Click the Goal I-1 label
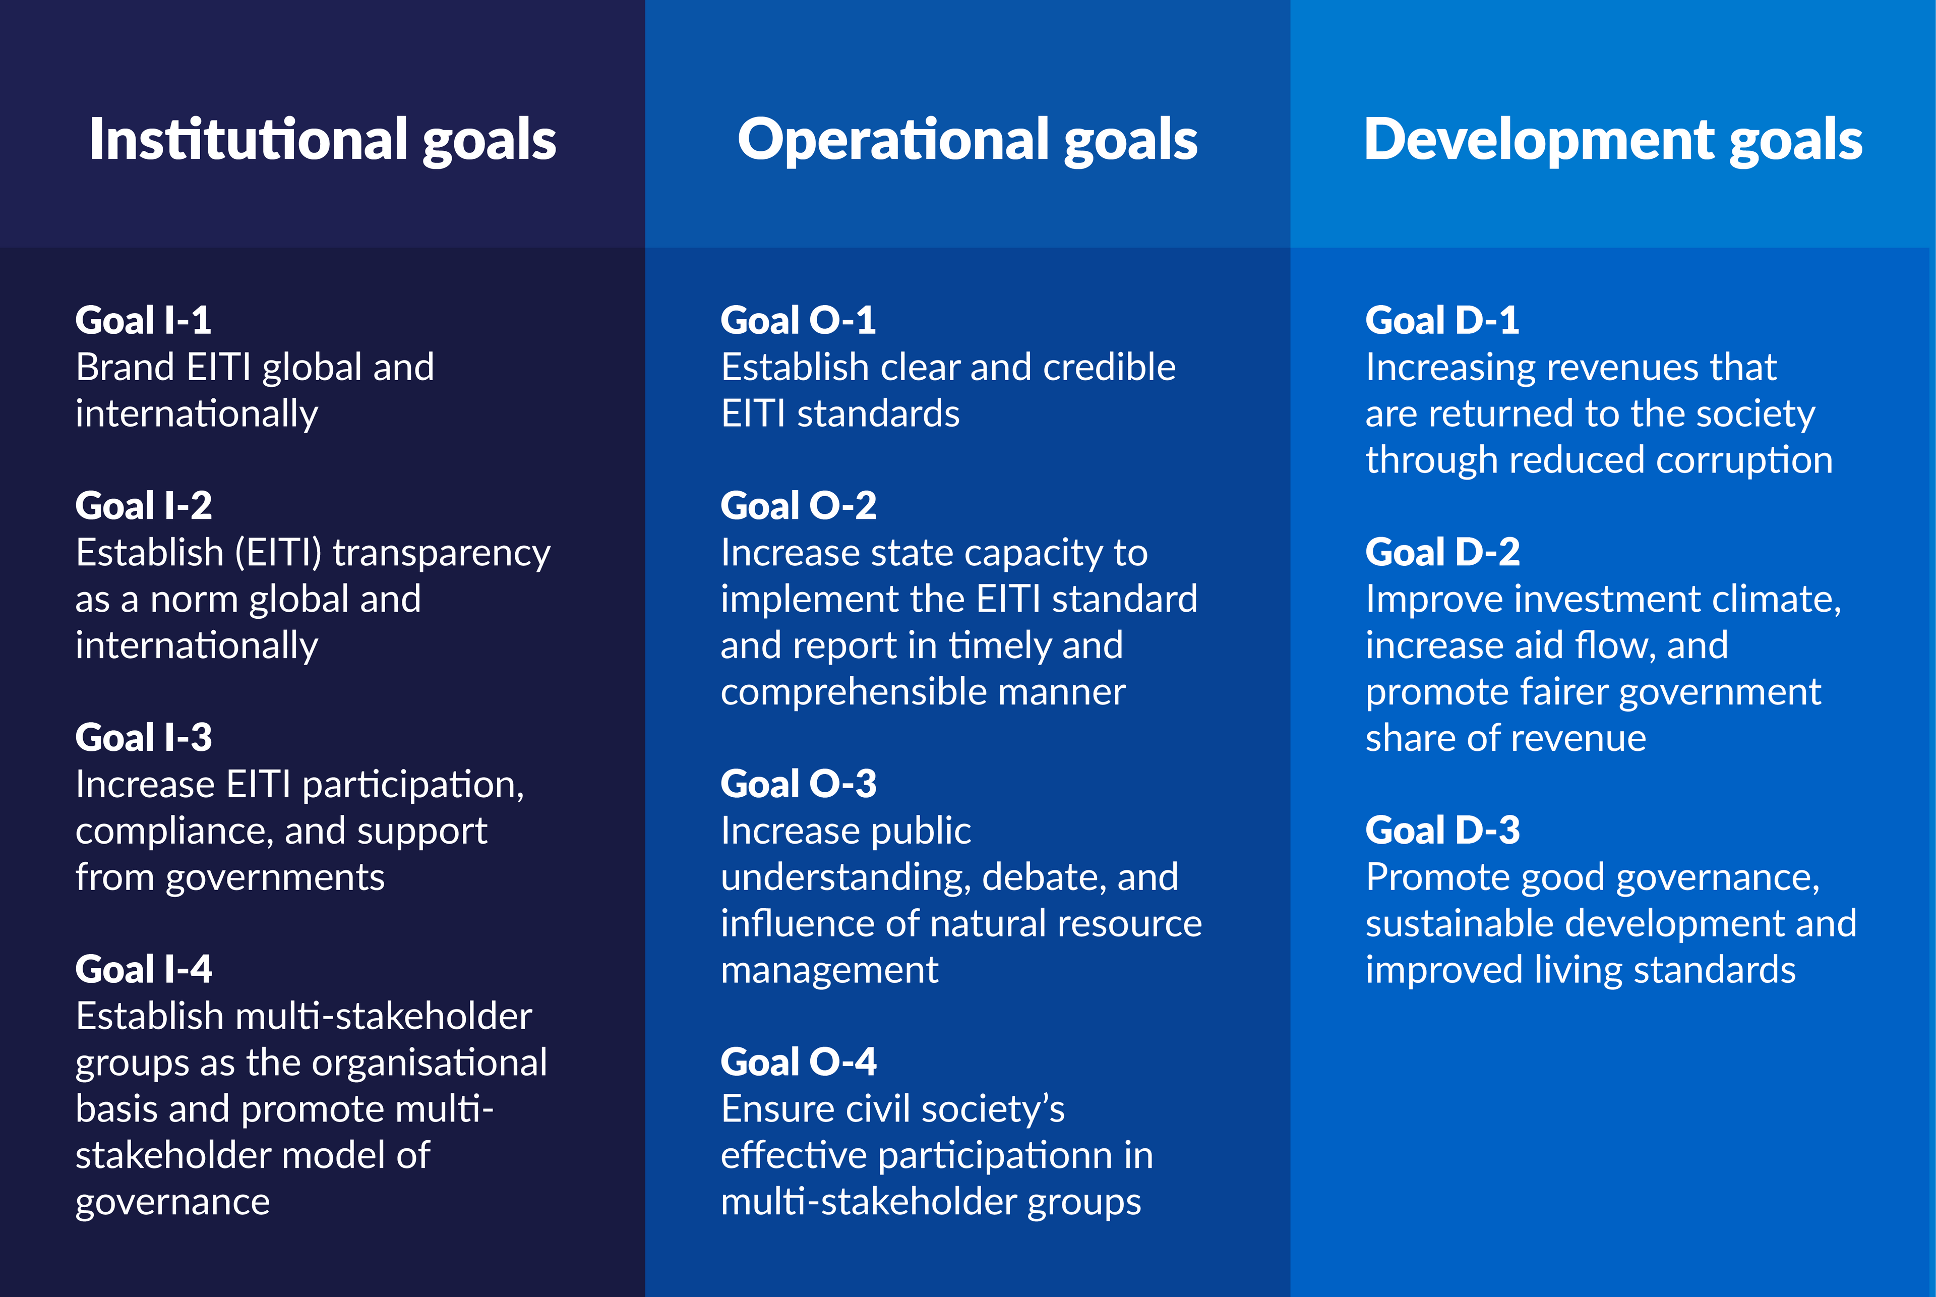[x=143, y=321]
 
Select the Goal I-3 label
[x=144, y=738]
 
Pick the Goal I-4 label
[x=144, y=969]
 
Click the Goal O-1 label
[x=798, y=321]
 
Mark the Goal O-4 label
[x=798, y=1062]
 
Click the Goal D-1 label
[x=1442, y=321]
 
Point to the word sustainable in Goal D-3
[x=1461, y=924]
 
